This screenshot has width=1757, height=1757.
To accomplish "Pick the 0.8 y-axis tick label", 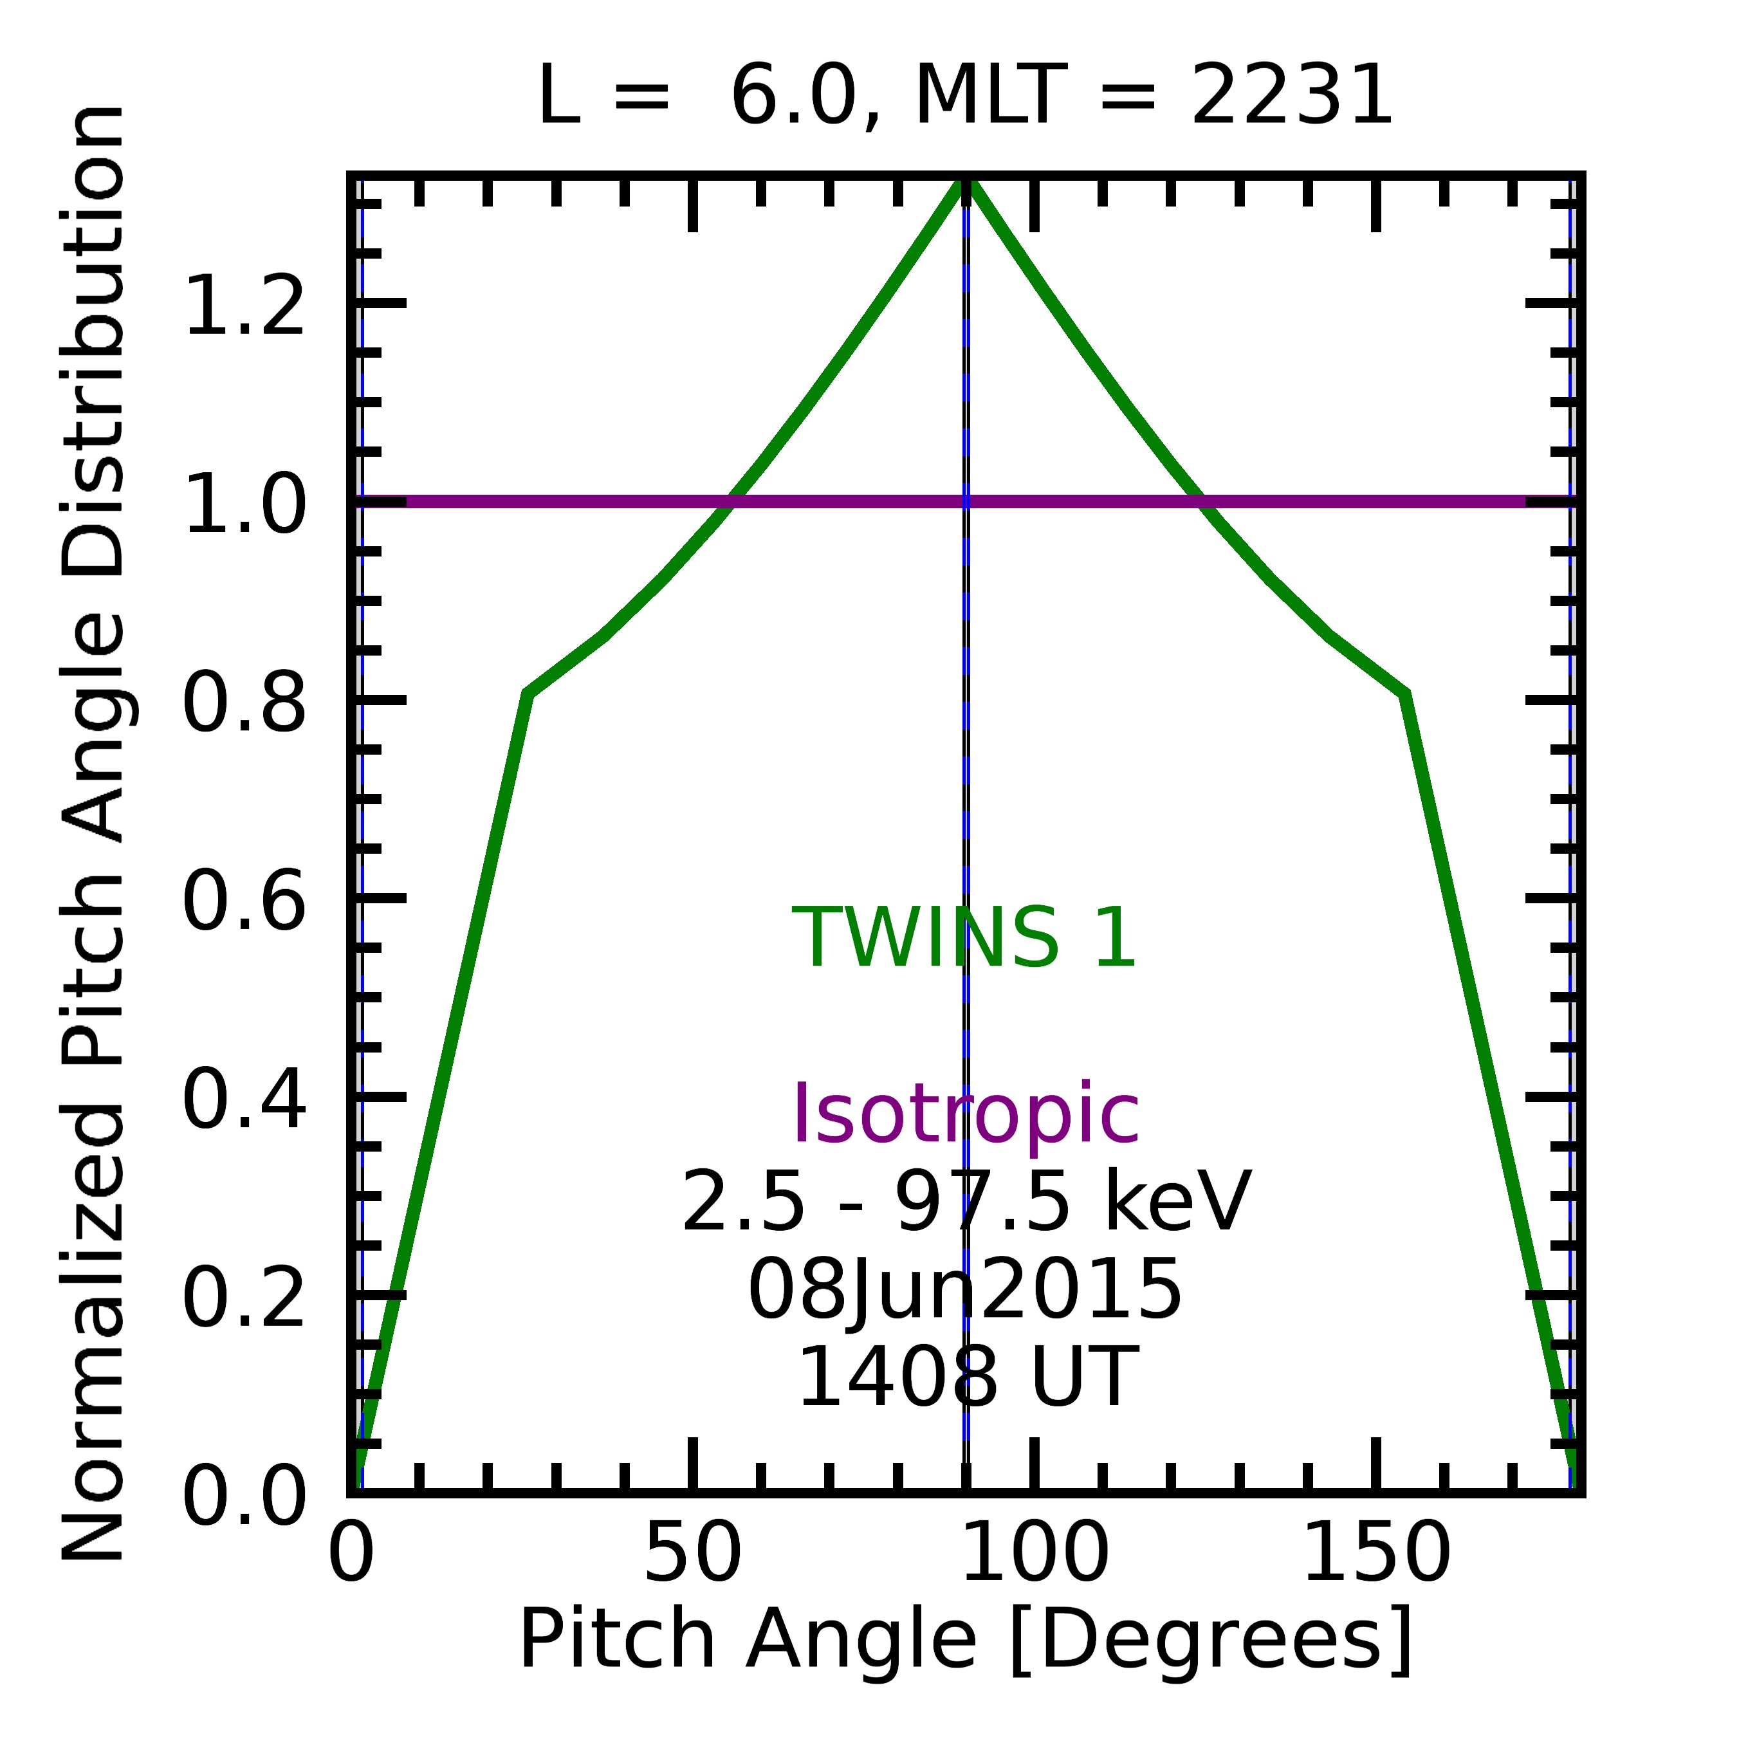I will [244, 703].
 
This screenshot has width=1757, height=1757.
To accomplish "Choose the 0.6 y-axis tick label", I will [244, 903].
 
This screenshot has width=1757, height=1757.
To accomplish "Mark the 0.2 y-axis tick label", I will [244, 1300].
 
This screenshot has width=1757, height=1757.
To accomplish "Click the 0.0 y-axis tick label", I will [244, 1498].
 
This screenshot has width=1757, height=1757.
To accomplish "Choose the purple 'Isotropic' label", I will [965, 1115].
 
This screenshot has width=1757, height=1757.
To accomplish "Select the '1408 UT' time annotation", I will [965, 1378].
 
